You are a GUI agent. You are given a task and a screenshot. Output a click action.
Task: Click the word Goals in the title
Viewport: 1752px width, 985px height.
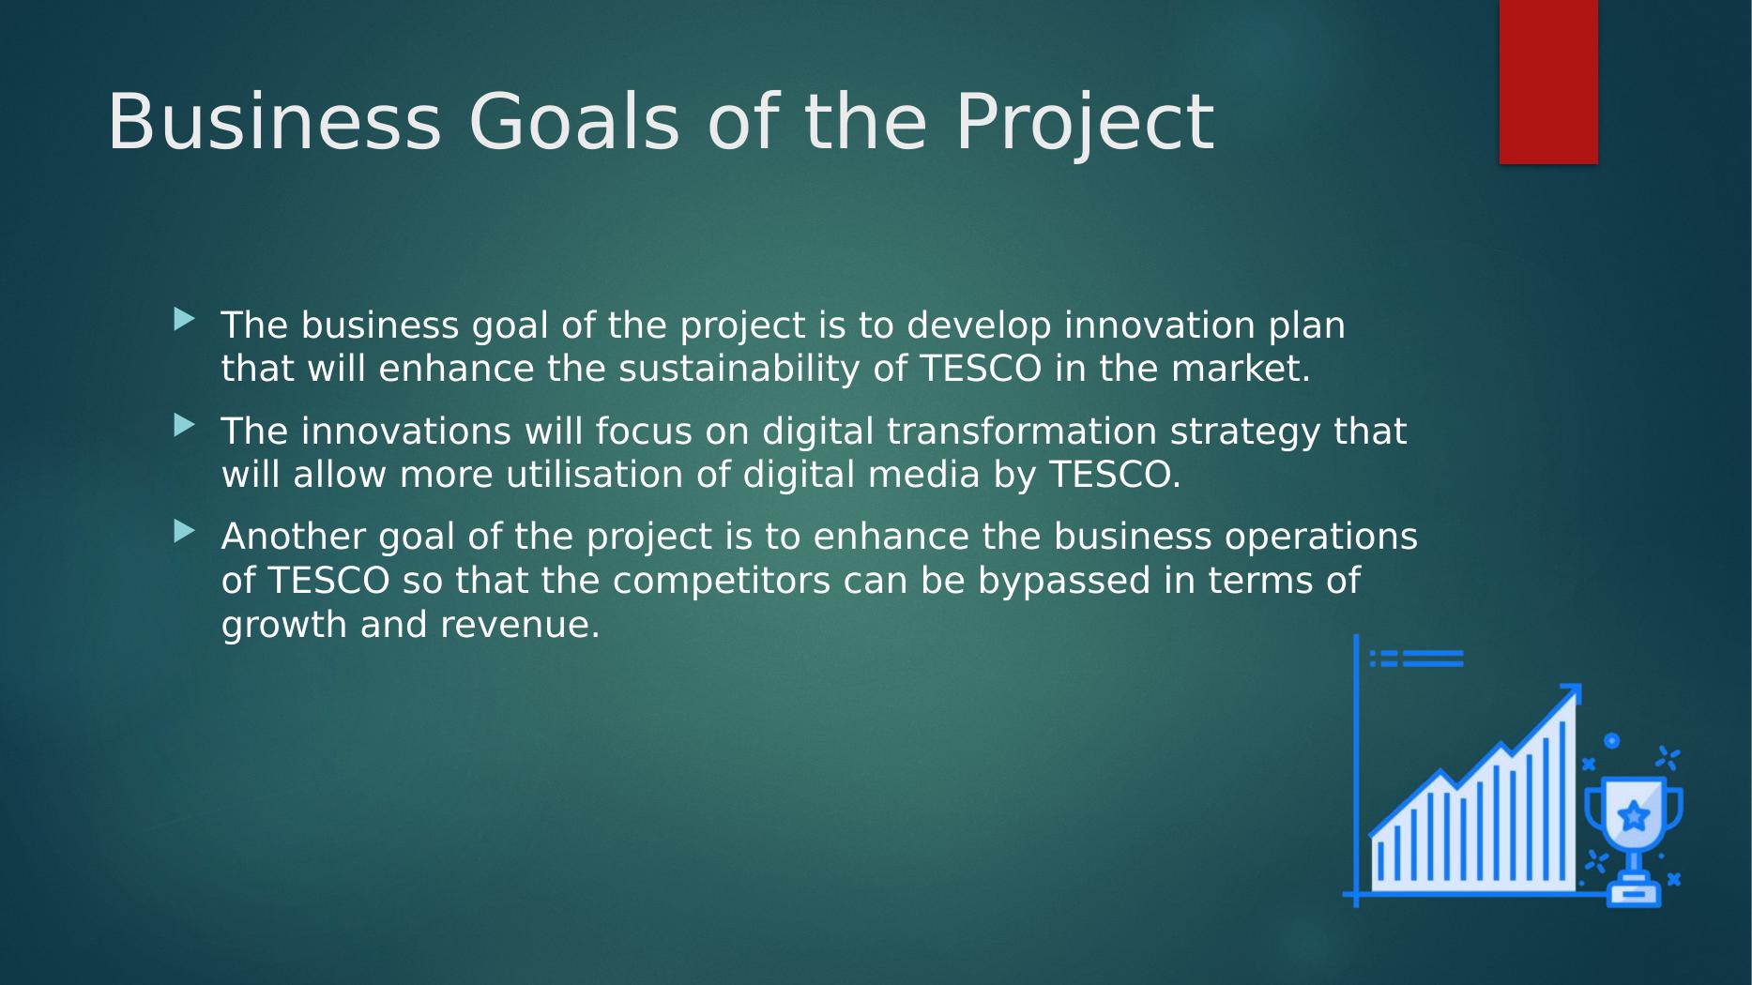(573, 122)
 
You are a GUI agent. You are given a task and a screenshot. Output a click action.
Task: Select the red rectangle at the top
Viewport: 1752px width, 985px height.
(1548, 82)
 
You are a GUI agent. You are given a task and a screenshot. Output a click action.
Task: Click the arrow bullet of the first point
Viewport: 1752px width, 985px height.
(185, 320)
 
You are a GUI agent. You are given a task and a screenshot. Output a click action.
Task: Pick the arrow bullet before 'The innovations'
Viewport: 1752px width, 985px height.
(185, 426)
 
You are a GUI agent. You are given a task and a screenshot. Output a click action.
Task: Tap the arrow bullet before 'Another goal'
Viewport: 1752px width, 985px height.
(185, 532)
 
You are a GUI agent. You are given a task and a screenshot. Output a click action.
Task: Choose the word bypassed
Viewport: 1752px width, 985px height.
(1064, 581)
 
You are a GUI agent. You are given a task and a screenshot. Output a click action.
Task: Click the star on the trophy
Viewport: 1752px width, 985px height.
(1634, 815)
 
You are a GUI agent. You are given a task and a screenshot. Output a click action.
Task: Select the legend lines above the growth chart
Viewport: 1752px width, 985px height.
(1417, 659)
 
